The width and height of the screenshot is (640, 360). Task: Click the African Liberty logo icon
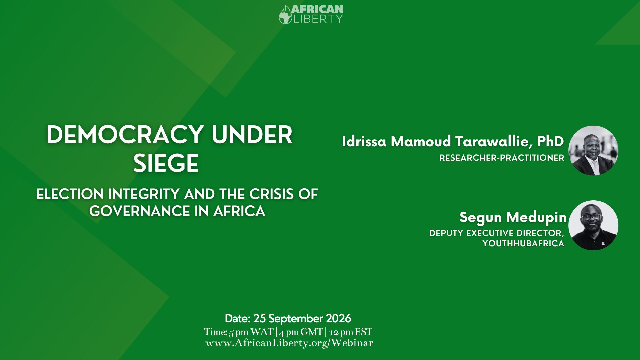(x=285, y=15)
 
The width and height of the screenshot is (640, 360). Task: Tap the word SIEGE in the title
(x=166, y=163)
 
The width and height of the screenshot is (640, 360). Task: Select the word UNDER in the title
(x=252, y=135)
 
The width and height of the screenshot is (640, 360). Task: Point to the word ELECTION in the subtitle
(x=70, y=194)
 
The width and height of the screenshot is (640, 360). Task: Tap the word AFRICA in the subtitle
(x=239, y=211)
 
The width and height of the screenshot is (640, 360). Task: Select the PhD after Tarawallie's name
(x=550, y=141)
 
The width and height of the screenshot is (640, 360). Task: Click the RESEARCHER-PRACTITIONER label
(x=502, y=158)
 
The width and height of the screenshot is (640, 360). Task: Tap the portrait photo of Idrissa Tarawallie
(x=593, y=150)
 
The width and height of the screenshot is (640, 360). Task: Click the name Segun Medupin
(x=513, y=217)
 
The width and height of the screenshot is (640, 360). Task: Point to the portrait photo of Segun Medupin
(x=593, y=225)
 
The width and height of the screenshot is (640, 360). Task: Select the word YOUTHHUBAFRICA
(x=523, y=243)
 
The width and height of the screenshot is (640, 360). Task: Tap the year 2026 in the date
(x=338, y=318)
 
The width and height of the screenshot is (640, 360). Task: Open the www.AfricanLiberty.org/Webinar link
(x=289, y=343)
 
